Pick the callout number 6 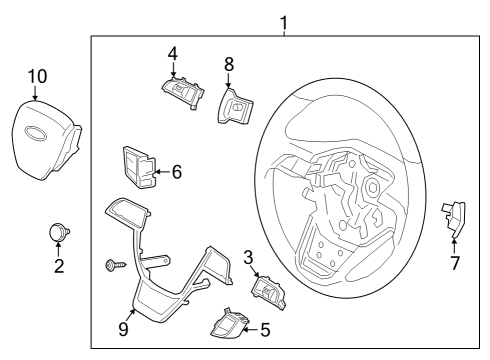point(176,172)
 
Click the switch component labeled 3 point(268,291)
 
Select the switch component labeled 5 point(227,322)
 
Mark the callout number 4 point(172,52)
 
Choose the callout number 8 point(229,63)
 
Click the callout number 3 point(248,257)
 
